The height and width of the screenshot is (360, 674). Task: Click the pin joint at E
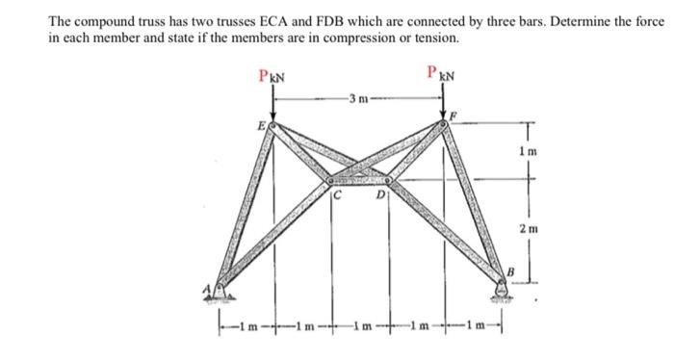tap(272, 126)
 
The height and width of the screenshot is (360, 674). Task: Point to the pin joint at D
tap(388, 180)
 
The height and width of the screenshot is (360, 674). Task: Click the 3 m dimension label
tap(357, 98)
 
